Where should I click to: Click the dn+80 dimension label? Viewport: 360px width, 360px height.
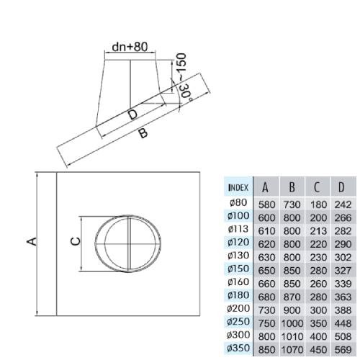[130, 48]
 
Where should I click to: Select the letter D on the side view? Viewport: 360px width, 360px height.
[132, 114]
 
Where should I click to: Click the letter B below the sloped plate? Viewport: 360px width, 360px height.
[143, 133]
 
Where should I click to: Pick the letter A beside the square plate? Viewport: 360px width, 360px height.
[32, 241]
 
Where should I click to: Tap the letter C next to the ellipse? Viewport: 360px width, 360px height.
[76, 241]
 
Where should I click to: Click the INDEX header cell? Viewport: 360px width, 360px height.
[238, 187]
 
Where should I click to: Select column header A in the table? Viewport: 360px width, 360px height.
[265, 187]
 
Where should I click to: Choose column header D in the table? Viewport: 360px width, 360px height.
[341, 187]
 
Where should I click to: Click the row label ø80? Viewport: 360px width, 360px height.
[238, 202]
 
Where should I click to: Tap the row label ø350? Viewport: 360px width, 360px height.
[238, 348]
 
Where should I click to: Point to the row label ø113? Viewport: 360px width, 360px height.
[238, 229]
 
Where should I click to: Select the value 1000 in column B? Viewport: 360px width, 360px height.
[292, 323]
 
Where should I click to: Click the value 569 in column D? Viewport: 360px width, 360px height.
[343, 350]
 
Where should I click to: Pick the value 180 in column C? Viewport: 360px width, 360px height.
[318, 204]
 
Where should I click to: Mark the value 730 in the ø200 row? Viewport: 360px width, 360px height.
[266, 310]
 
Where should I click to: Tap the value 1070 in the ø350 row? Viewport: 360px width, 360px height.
[292, 350]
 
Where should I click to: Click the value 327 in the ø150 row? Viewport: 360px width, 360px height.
[343, 271]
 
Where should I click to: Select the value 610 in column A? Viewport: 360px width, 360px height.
[266, 231]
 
